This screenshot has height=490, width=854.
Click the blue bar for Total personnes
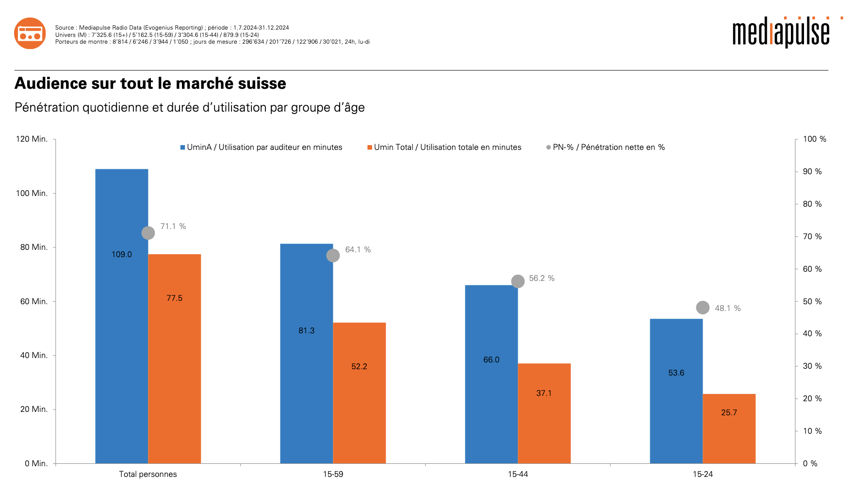pos(121,315)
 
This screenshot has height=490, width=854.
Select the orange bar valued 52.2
pos(359,393)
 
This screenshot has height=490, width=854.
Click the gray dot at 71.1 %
pos(148,233)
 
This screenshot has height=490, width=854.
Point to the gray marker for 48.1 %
pos(703,308)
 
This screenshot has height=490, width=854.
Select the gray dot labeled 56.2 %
pos(518,281)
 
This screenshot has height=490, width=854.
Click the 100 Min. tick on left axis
pos(32,193)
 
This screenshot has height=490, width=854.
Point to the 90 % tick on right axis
pos(812,172)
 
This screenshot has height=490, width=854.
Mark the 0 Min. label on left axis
pos(36,464)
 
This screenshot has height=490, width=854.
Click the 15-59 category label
pos(333,474)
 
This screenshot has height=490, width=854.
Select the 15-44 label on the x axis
pos(518,474)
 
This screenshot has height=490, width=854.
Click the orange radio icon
pos(30,33)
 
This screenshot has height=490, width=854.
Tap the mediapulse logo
pos(781,33)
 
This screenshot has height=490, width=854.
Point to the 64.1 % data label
pos(358,250)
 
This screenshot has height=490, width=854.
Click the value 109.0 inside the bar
pos(122,255)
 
